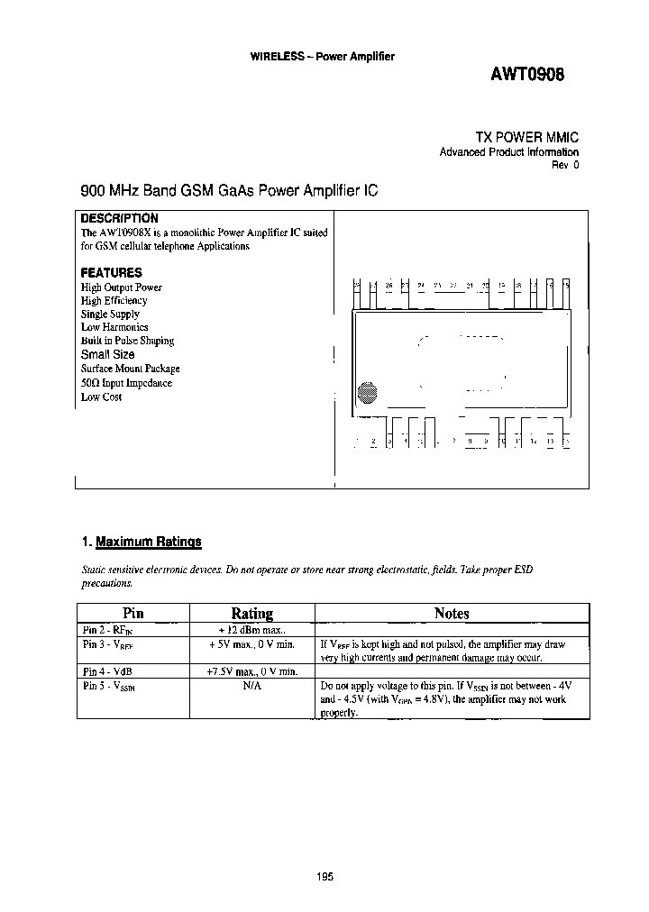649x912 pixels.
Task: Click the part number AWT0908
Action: coord(527,77)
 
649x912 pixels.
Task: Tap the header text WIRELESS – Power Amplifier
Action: coord(322,57)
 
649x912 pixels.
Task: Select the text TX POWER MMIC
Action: coord(526,136)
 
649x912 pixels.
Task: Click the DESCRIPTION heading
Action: coord(119,218)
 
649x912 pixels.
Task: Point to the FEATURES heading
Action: coord(111,272)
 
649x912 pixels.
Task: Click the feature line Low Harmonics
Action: coord(114,327)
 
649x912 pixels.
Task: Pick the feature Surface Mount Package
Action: coord(130,369)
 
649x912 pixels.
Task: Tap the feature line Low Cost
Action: coord(101,397)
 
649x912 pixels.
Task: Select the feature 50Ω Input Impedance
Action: coord(126,383)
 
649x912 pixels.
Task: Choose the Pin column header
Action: coord(133,613)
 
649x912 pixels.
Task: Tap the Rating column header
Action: coord(251,614)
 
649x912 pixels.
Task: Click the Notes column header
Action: coord(452,614)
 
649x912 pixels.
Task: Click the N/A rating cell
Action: coord(251,685)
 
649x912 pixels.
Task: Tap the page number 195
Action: coord(325,876)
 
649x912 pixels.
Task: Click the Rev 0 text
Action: coord(565,166)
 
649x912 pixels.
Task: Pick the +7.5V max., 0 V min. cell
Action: coord(251,671)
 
